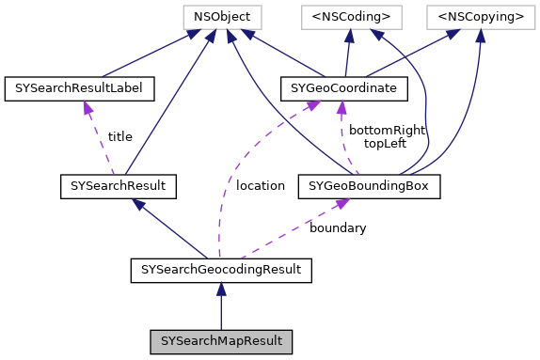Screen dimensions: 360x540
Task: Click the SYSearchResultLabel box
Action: [79, 89]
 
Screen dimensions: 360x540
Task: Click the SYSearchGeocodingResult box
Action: [220, 271]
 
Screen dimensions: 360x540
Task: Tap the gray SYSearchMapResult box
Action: [220, 338]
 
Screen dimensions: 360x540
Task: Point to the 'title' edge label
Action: [120, 137]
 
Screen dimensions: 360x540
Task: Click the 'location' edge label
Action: [261, 186]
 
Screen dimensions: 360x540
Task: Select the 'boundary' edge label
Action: [338, 228]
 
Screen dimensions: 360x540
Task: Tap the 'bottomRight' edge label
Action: [387, 130]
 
